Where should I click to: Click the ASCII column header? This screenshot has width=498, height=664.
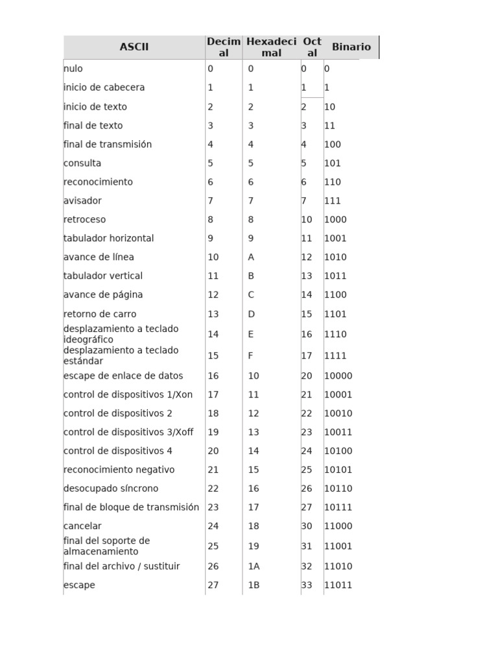[x=134, y=47]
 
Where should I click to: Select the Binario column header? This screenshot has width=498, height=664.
[x=351, y=47]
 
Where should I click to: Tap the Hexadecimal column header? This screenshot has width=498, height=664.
[x=271, y=47]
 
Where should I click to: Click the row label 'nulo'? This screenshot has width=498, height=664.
[x=73, y=69]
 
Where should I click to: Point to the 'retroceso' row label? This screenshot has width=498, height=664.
[x=84, y=220]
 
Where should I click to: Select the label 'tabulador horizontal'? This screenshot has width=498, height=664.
[x=108, y=239]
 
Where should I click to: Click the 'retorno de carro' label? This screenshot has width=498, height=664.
[x=100, y=314]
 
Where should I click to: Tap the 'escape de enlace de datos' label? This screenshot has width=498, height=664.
[x=123, y=376]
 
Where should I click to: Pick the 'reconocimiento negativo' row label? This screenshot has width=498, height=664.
[x=119, y=470]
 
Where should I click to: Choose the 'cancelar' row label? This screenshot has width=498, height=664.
[x=82, y=527]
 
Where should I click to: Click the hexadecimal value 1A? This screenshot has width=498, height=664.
[x=254, y=567]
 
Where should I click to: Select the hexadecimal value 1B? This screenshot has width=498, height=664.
[x=254, y=586]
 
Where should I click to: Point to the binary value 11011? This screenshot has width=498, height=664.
[x=338, y=586]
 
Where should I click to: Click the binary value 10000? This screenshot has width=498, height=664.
[x=338, y=376]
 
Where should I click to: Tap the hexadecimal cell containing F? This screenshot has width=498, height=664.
[x=251, y=356]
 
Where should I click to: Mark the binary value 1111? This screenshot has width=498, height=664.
[x=335, y=356]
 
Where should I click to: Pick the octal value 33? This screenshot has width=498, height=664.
[x=307, y=586]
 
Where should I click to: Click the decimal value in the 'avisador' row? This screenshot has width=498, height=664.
[x=210, y=201]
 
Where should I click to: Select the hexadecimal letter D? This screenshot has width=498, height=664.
[x=252, y=314]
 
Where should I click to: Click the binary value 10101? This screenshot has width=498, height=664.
[x=338, y=470]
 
